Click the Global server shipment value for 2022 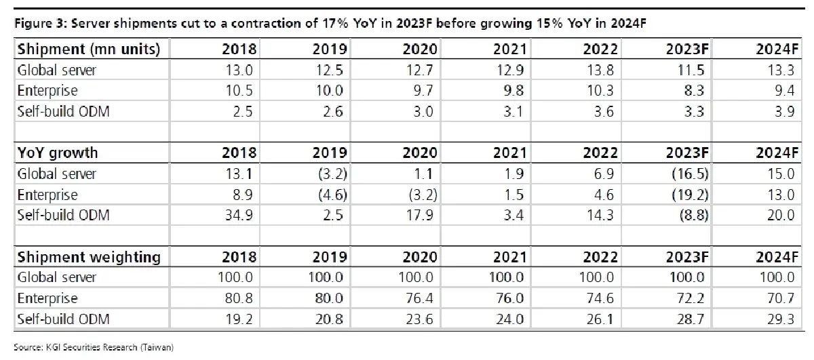tap(600, 70)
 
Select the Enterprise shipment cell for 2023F tap(694, 90)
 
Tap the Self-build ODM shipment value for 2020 tap(423, 111)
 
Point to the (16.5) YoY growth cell tap(690, 174)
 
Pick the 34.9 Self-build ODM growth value tap(239, 215)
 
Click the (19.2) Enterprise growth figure tap(690, 195)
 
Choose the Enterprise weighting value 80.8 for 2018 tap(239, 298)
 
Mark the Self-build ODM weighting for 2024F tap(781, 319)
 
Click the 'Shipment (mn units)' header tap(89, 49)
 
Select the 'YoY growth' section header tap(58, 153)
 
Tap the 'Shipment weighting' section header tap(89, 257)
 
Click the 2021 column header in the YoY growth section tap(510, 153)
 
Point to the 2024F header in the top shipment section tap(777, 49)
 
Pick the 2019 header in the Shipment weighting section tap(330, 257)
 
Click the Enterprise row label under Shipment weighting tap(47, 298)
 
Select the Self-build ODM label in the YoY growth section tap(63, 215)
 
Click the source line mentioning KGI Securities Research tap(94, 347)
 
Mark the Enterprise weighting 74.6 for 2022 tap(600, 298)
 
